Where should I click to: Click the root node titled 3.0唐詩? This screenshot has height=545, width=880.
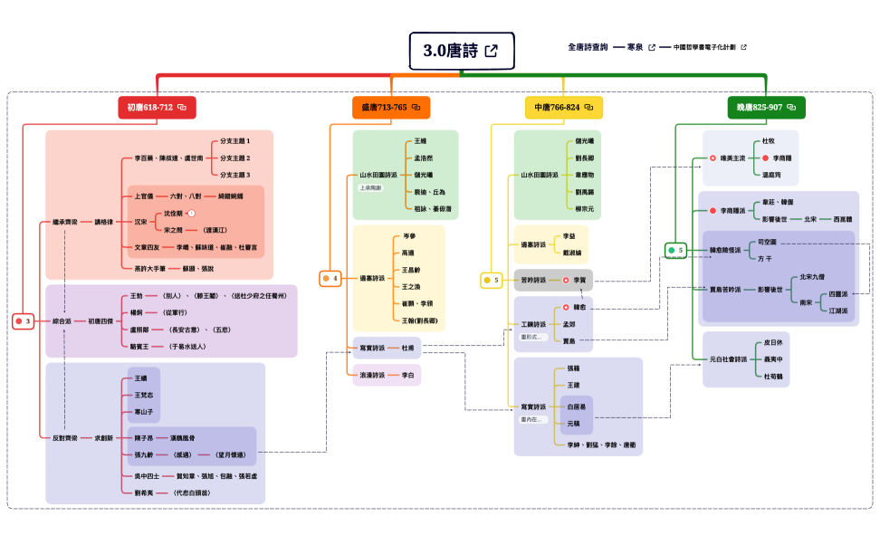click(461, 52)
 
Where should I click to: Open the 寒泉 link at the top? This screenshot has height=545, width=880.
click(636, 46)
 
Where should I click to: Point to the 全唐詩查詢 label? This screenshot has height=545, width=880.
click(588, 46)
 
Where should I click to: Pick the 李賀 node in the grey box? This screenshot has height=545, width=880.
click(580, 281)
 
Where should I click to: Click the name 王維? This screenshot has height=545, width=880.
click(420, 142)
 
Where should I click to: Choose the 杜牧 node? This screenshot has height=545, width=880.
click(769, 142)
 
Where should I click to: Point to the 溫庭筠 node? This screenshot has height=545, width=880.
click(771, 174)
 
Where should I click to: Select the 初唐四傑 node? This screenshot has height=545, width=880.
click(101, 321)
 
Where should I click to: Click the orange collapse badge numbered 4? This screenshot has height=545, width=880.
click(330, 279)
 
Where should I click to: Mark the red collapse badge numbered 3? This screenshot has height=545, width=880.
click(24, 321)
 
